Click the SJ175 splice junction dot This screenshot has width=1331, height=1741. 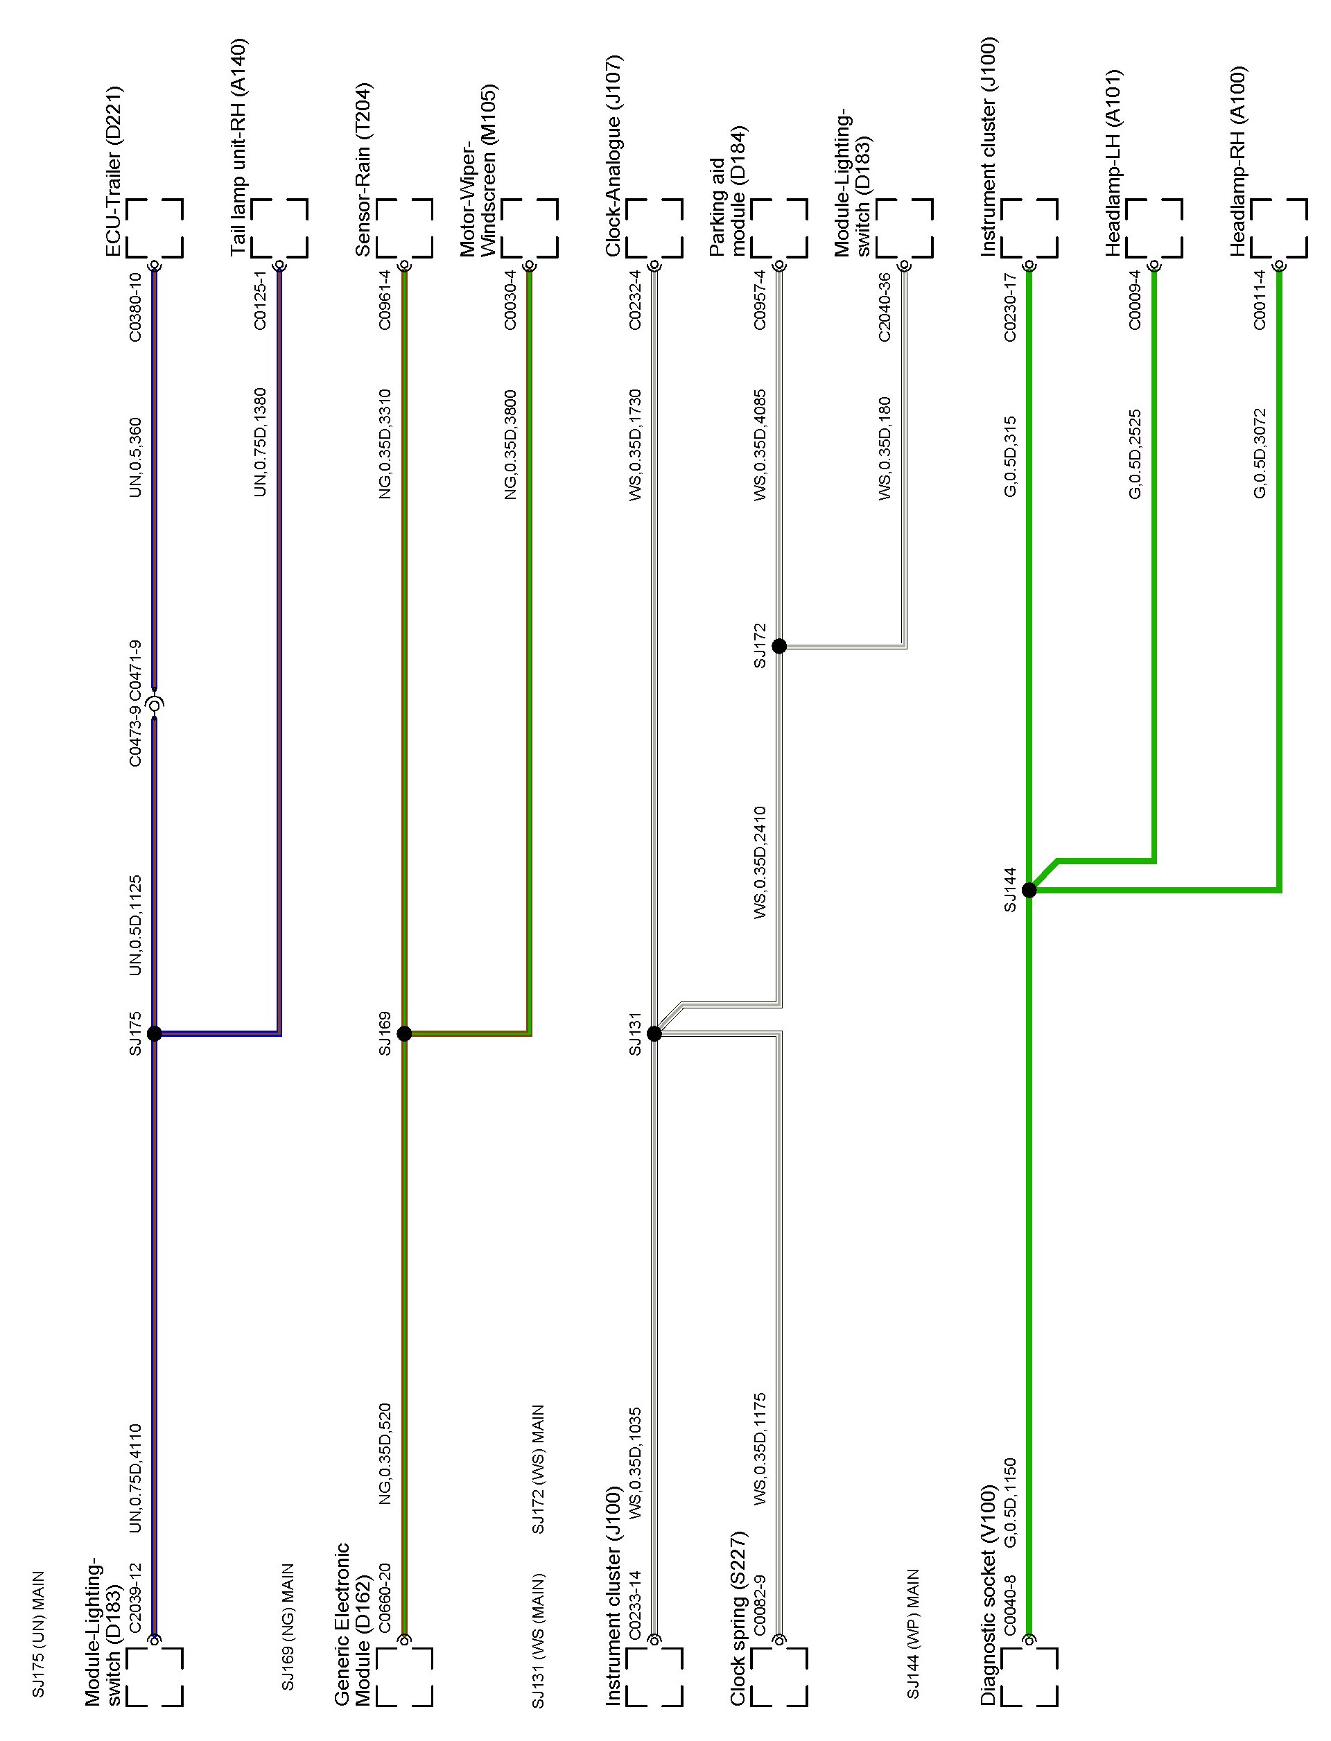[x=155, y=1033]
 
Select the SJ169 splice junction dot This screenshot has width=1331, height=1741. [x=404, y=1033]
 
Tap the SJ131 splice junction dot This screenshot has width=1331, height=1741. [x=654, y=1033]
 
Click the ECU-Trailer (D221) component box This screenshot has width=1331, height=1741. [x=155, y=228]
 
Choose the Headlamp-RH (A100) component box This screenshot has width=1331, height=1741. [x=1279, y=228]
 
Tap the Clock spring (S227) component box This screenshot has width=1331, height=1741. [x=778, y=1676]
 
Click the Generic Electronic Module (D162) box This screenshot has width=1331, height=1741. [x=404, y=1676]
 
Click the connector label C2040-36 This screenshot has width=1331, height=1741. [x=885, y=307]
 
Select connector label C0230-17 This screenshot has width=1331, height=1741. [x=1010, y=307]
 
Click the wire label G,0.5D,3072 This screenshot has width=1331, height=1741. [x=1260, y=453]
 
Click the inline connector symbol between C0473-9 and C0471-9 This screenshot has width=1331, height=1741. [x=155, y=703]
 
